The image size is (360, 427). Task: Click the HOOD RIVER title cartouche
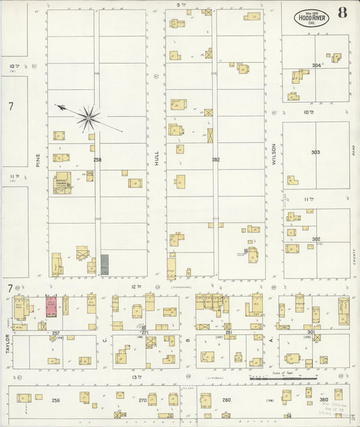pyautogui.click(x=311, y=18)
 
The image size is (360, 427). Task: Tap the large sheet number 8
pyautogui.click(x=343, y=13)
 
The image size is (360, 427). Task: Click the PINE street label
pyautogui.click(x=38, y=158)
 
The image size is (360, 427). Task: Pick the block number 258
pyautogui.click(x=97, y=159)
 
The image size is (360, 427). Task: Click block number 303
pyautogui.click(x=315, y=152)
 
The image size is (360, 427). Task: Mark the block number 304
pyautogui.click(x=316, y=65)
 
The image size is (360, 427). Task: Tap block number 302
pyautogui.click(x=316, y=238)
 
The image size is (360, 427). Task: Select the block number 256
pyautogui.click(x=55, y=400)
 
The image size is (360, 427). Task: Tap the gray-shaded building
pyautogui.click(x=105, y=264)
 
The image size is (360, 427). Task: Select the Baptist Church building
pyautogui.click(x=62, y=182)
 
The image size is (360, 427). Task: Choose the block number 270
pyautogui.click(x=143, y=400)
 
